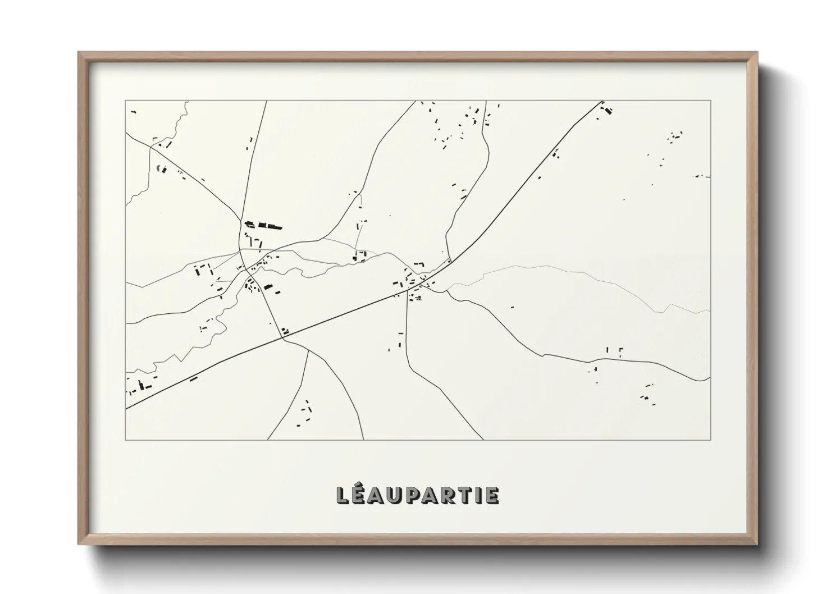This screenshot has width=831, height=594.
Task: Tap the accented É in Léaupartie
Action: point(361,495)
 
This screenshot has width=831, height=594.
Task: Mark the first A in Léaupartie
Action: point(380,495)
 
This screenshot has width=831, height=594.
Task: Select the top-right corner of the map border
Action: point(711,100)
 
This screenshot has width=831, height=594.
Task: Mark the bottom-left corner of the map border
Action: point(126,440)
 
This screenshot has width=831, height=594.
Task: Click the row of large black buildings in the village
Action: point(263,226)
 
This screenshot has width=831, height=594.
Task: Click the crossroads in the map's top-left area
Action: point(150,148)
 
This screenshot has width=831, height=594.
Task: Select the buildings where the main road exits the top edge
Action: point(606,109)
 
